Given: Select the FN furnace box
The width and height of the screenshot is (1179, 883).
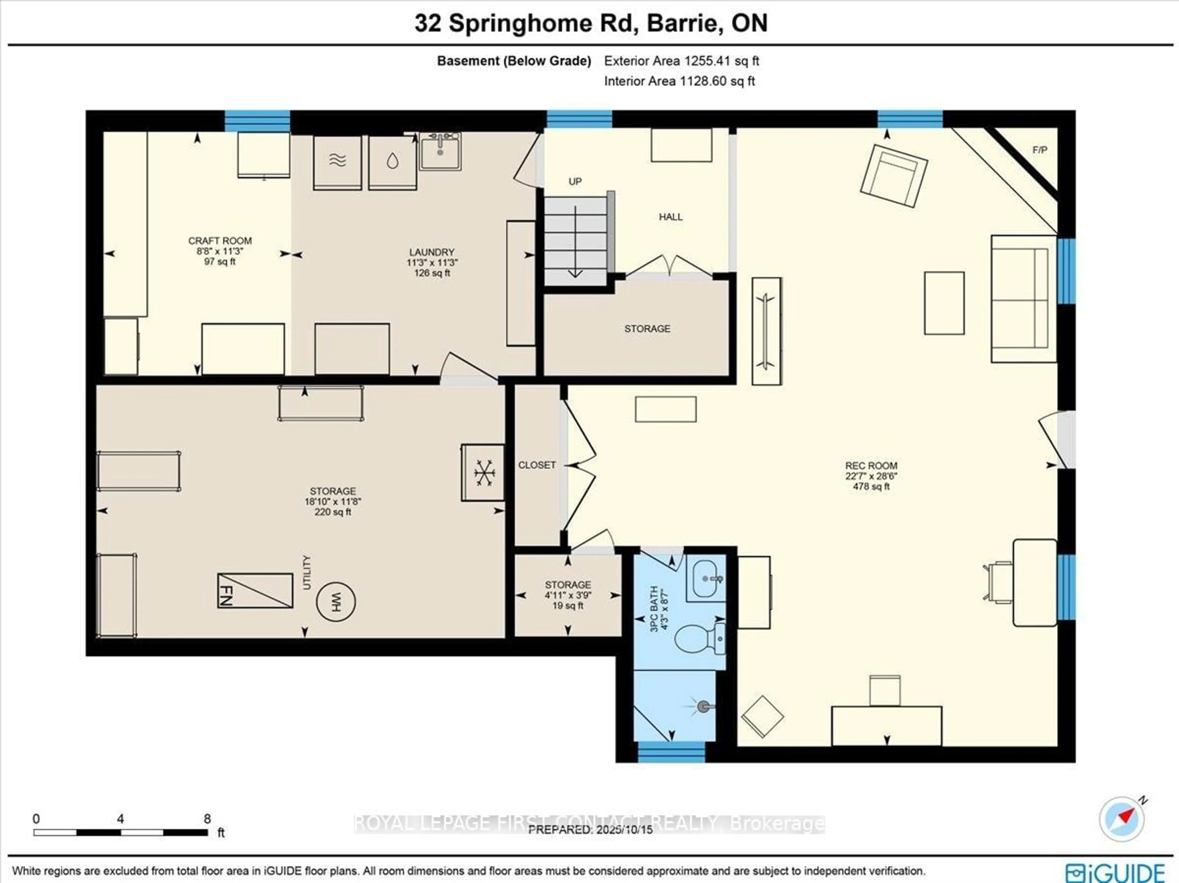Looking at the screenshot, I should click(255, 591).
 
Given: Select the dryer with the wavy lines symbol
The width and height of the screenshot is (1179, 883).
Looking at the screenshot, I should click(337, 161).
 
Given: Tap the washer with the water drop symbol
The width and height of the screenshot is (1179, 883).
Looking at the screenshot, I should click(392, 161).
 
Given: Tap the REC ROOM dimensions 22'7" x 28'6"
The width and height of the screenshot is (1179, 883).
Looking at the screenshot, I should click(871, 476).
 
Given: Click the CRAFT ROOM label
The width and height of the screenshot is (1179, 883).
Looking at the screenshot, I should click(220, 241).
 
